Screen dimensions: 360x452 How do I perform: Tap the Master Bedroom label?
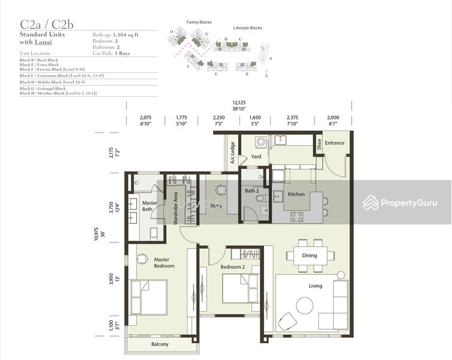(x=164, y=263)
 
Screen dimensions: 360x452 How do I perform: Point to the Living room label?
(x=315, y=286)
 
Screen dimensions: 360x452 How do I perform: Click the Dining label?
(x=309, y=256)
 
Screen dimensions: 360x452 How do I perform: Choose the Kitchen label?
(x=297, y=194)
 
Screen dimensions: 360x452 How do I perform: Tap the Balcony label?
(x=160, y=344)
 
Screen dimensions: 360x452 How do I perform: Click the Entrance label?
(x=334, y=143)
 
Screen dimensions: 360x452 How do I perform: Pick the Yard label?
(x=256, y=157)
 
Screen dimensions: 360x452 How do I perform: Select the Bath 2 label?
(x=252, y=191)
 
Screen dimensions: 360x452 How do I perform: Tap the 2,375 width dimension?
(x=292, y=118)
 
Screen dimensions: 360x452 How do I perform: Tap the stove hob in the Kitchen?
(x=297, y=216)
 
